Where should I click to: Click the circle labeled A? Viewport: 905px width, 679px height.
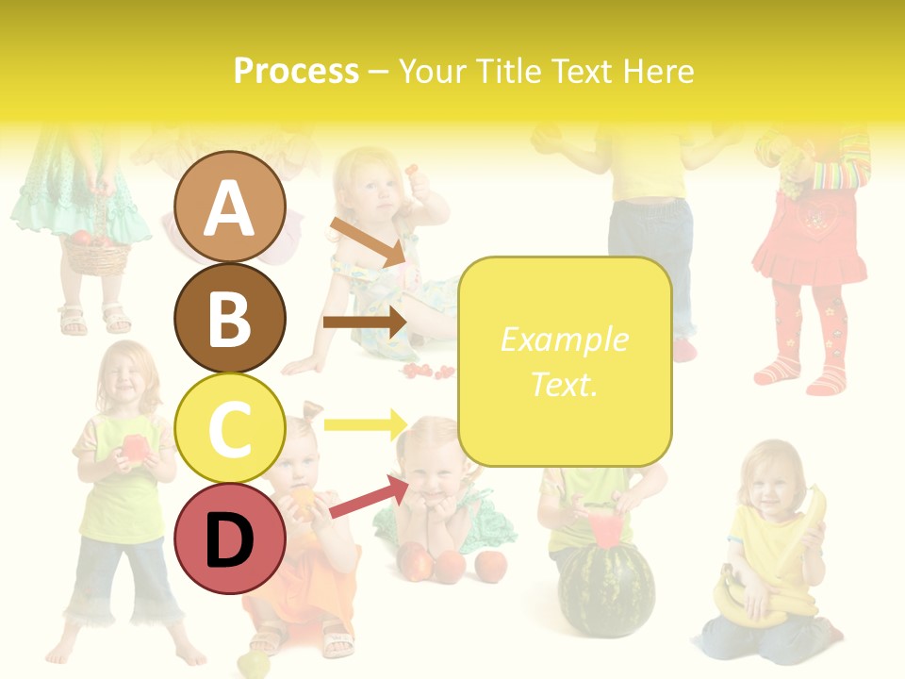click(x=229, y=207)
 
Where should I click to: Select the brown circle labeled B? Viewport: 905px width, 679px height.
click(x=229, y=317)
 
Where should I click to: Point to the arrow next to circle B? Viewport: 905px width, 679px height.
click(x=364, y=323)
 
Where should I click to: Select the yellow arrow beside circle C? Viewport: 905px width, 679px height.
click(x=364, y=423)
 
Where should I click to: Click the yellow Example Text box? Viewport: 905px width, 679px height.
click(x=564, y=362)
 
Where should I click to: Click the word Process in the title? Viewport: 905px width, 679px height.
click(x=296, y=71)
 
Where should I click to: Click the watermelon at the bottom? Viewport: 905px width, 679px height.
click(x=605, y=589)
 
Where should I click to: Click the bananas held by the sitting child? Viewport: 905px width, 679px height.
click(x=754, y=604)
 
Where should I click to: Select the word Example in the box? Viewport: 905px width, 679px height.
click(x=564, y=339)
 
